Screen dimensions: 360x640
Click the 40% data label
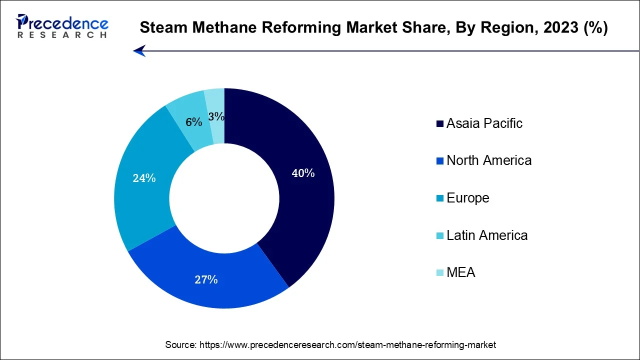tap(303, 173)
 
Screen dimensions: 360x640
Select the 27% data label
tap(206, 279)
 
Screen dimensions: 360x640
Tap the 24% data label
tap(144, 178)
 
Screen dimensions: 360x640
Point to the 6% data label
tap(193, 122)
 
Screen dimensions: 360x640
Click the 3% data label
tap(216, 116)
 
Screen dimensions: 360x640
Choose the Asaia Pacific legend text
tap(484, 123)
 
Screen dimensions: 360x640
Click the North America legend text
tap(488, 160)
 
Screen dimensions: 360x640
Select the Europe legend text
tap(467, 198)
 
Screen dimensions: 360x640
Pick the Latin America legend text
tap(486, 235)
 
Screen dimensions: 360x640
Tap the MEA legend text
tap(460, 272)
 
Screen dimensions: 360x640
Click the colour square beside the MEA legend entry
tap(439, 273)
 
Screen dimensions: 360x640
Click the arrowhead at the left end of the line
tap(139, 50)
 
